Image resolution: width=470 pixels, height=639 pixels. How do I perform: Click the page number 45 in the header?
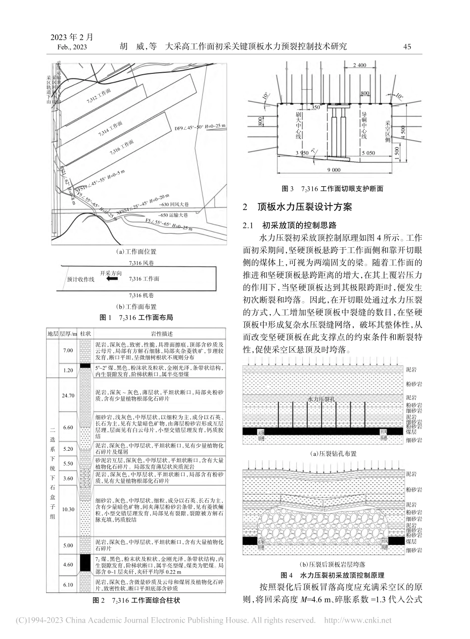coord(408,47)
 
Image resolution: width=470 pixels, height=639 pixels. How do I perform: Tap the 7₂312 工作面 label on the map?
coord(99,96)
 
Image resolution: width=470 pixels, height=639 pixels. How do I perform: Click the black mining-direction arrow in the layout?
coord(113,279)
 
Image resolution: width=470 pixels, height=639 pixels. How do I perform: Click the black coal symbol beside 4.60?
coord(85,562)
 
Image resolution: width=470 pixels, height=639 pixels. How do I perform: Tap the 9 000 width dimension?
coord(334,170)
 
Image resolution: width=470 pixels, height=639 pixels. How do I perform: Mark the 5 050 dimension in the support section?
coord(369,153)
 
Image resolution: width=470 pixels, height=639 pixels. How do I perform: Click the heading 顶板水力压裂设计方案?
coord(307,208)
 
